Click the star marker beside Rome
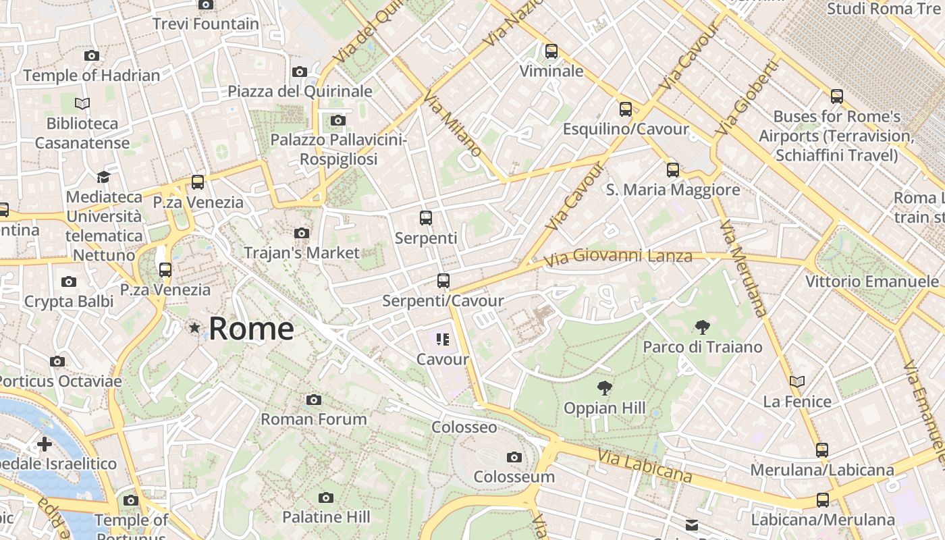[x=195, y=328]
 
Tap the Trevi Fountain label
[x=206, y=24]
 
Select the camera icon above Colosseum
[x=514, y=458]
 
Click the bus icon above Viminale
[x=551, y=51]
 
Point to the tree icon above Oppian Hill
[x=605, y=388]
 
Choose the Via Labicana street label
[x=644, y=466]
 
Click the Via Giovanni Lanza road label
[x=618, y=257]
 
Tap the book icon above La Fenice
[x=797, y=382]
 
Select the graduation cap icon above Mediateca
[x=103, y=177]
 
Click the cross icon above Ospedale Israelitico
[x=45, y=444]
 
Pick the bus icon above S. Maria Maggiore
[x=673, y=170]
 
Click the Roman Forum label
[x=314, y=419]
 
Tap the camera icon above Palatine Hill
[x=326, y=498]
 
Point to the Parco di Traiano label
[x=703, y=347]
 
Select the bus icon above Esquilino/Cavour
[x=626, y=109]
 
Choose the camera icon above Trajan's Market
[x=302, y=234]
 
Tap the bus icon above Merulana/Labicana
[x=821, y=450]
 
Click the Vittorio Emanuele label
[x=872, y=281]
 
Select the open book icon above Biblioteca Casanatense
[x=82, y=104]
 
